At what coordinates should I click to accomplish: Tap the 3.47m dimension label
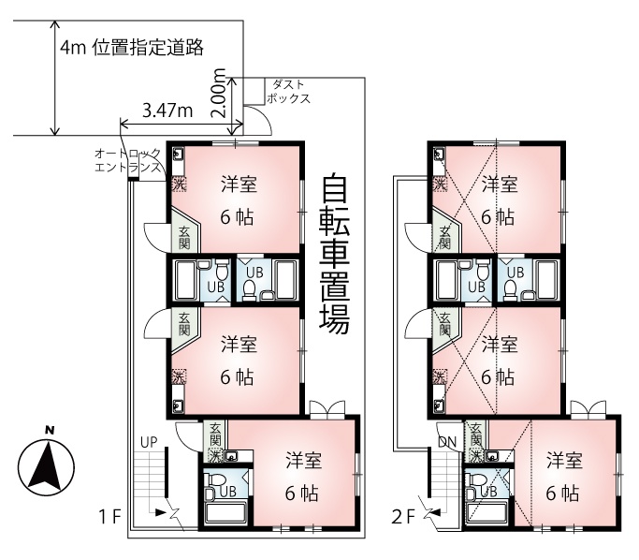point(167,111)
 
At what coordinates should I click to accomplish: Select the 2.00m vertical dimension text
point(218,93)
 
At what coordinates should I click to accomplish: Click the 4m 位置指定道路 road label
point(132,48)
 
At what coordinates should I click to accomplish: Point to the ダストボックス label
point(288,92)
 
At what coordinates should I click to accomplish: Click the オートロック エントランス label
point(127,160)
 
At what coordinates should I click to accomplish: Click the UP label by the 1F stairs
point(149,442)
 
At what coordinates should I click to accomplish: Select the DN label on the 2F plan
point(447,442)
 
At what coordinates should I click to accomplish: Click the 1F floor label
point(110,517)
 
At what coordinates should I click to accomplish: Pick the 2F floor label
point(402,517)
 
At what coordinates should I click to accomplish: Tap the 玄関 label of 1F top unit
point(184,238)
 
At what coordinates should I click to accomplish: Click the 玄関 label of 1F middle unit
point(184,324)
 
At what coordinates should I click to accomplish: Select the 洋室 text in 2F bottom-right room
point(564,461)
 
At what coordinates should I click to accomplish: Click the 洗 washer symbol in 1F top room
point(179,184)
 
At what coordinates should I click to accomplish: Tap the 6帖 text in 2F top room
point(498,217)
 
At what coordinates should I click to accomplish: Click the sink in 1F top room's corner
point(179,155)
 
